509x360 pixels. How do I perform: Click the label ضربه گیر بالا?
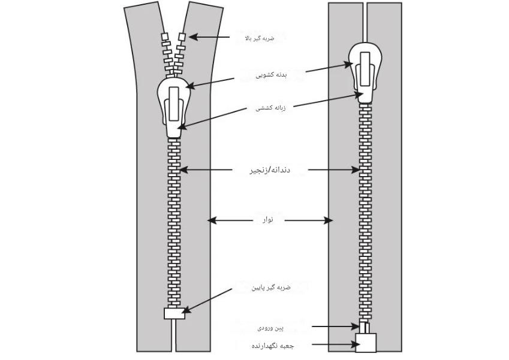(x=260, y=38)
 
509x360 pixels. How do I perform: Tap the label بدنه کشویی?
(x=272, y=75)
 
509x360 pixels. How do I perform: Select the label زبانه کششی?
(x=271, y=108)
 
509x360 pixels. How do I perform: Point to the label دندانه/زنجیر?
(x=270, y=170)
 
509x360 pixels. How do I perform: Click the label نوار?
(x=268, y=220)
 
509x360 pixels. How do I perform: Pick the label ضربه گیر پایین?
(x=271, y=288)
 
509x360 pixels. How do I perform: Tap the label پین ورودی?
(x=270, y=328)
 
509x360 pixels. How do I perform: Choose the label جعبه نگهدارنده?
(x=273, y=346)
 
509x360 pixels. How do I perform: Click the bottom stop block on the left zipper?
(x=174, y=313)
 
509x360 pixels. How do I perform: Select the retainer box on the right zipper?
(x=366, y=343)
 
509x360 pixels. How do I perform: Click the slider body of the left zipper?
(x=174, y=107)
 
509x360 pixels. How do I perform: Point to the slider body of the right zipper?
(x=365, y=72)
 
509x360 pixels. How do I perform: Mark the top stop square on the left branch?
(x=165, y=36)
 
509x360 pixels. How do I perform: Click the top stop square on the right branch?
(x=182, y=37)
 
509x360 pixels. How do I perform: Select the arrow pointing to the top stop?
(x=209, y=37)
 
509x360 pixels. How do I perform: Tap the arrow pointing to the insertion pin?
(x=336, y=326)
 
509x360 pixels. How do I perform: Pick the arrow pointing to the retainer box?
(x=336, y=344)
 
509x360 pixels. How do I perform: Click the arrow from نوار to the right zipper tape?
(x=308, y=220)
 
